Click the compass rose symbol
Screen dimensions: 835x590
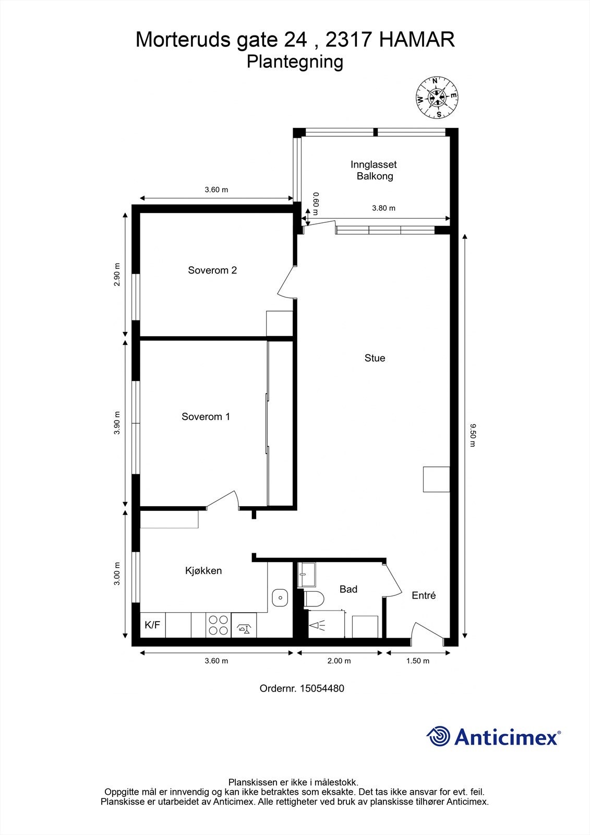[437, 97]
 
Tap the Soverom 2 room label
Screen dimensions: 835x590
[212, 270]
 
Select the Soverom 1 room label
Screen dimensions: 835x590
[206, 416]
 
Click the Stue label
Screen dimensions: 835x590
[375, 358]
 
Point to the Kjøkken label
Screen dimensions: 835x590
[203, 570]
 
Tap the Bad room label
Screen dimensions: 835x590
[348, 589]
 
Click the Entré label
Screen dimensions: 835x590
[424, 595]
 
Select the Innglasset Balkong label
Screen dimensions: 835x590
[374, 170]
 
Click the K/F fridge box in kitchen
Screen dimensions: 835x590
[152, 625]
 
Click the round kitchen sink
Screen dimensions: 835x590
[281, 597]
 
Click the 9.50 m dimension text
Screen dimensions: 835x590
[473, 435]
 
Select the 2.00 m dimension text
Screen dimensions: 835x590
[339, 661]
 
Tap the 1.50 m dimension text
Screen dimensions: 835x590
[417, 661]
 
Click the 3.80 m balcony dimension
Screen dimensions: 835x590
[383, 208]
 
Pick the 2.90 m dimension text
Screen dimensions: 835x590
[117, 274]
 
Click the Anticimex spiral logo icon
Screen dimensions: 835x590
[438, 736]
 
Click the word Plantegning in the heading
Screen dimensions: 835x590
[295, 62]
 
